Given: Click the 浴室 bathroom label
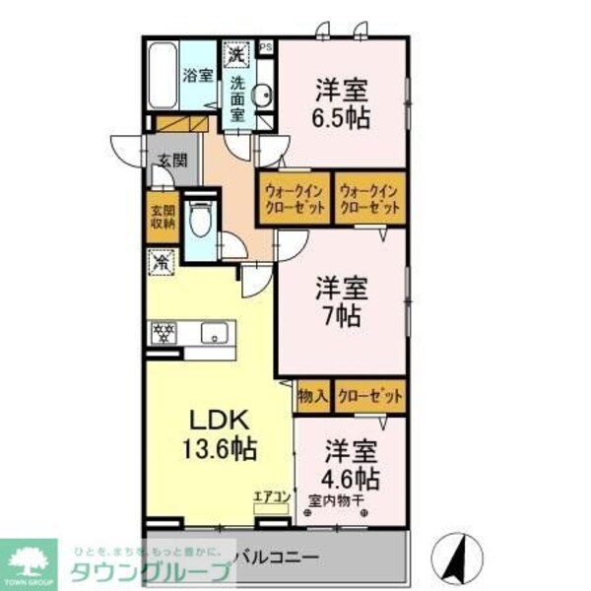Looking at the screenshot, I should coord(197,74).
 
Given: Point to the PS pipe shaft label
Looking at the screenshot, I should coord(265,46).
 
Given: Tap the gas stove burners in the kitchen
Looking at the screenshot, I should coord(163,332).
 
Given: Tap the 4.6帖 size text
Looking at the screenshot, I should coord(351,480).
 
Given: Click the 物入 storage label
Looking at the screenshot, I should coord(312,396).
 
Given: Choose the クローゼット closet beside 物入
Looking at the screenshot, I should coord(370,396).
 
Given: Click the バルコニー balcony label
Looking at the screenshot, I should coord(281,558).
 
